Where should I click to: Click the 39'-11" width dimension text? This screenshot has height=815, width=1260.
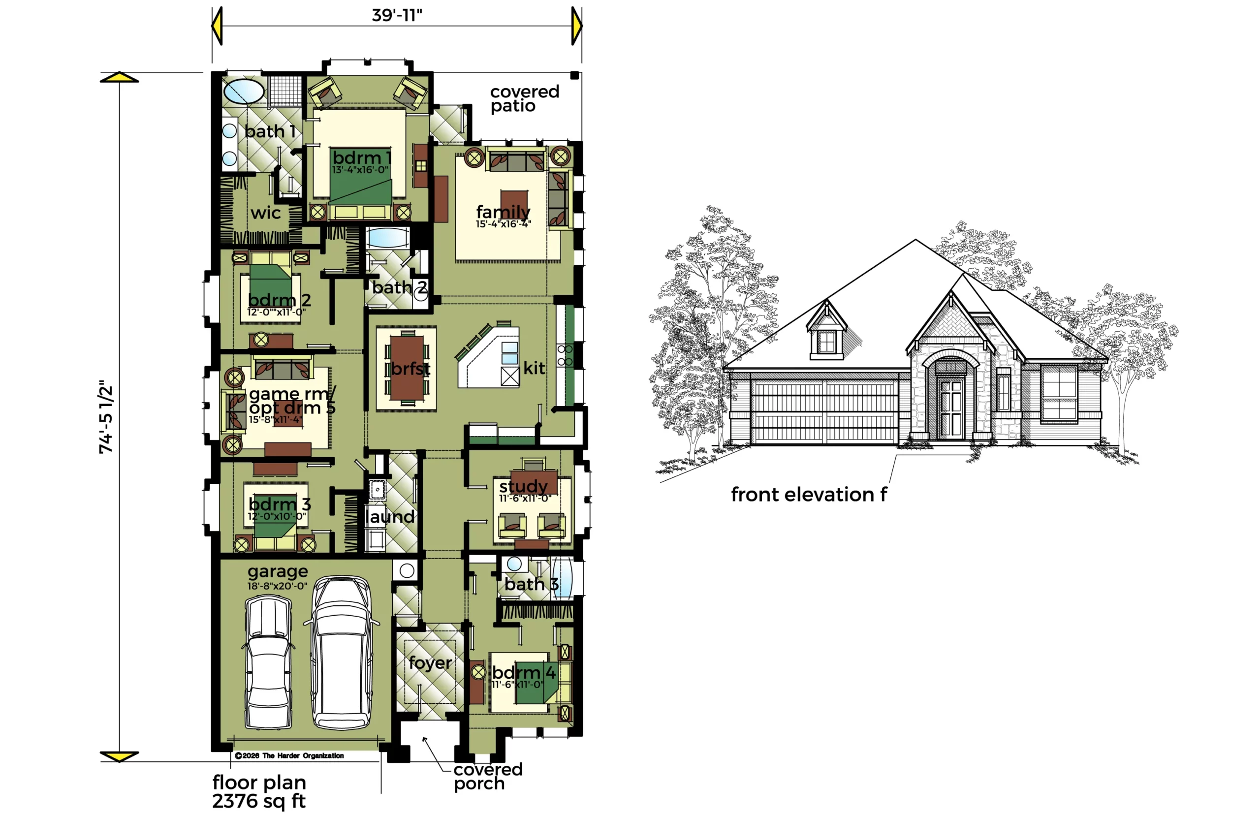pyautogui.click(x=396, y=15)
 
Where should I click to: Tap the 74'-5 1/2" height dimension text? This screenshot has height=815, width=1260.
pyautogui.click(x=106, y=416)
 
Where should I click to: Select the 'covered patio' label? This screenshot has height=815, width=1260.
pyautogui.click(x=524, y=98)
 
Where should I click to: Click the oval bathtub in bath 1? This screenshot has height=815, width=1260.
pyautogui.click(x=244, y=91)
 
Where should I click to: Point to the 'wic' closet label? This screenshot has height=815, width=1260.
pyautogui.click(x=266, y=213)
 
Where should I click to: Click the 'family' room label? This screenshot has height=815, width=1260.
pyautogui.click(x=503, y=212)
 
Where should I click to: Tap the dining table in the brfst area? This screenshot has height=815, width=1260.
pyautogui.click(x=407, y=368)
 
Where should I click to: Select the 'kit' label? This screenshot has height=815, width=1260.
pyautogui.click(x=534, y=368)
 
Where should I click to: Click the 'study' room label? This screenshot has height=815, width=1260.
pyautogui.click(x=523, y=486)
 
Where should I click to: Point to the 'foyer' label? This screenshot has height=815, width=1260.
pyautogui.click(x=430, y=662)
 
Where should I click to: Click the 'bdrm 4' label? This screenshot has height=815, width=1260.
pyautogui.click(x=524, y=673)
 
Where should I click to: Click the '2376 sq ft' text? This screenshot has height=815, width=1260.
pyautogui.click(x=259, y=801)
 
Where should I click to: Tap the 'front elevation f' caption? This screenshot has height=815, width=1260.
pyautogui.click(x=809, y=494)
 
